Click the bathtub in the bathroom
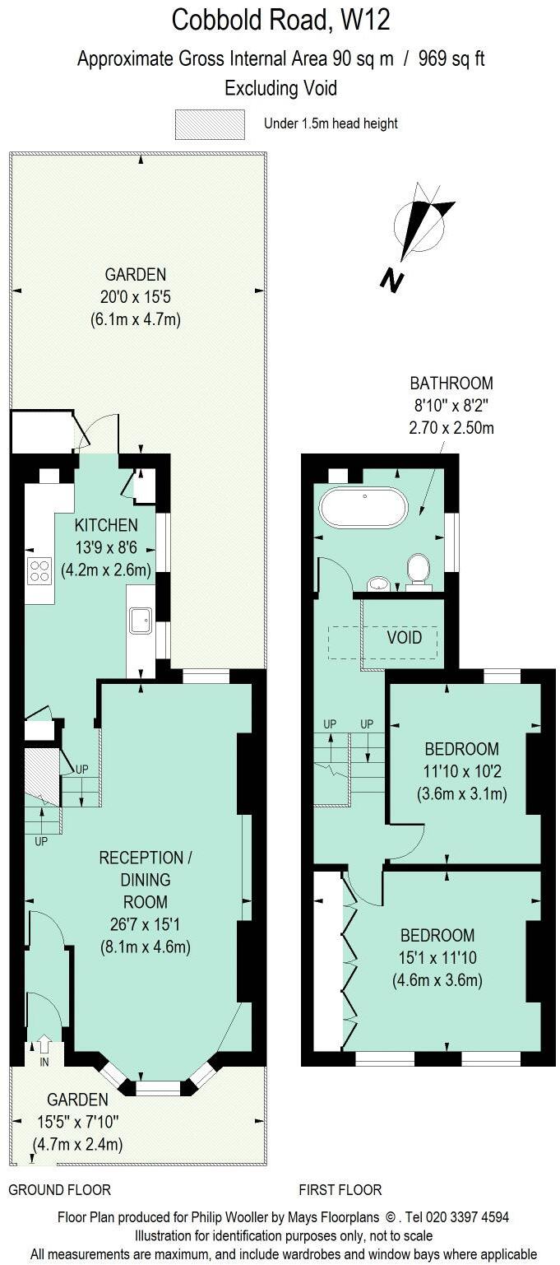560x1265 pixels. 363,508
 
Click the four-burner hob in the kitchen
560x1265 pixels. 39,570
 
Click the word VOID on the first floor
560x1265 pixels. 405,638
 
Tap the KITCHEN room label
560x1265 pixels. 106,525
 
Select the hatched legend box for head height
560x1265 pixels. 210,124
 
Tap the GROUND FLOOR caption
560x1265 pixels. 59,1189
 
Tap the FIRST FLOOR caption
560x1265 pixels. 340,1189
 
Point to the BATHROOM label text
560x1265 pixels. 451,383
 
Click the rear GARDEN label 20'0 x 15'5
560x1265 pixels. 135,297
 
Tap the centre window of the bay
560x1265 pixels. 157,1088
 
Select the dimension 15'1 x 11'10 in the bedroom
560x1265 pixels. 437,957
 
